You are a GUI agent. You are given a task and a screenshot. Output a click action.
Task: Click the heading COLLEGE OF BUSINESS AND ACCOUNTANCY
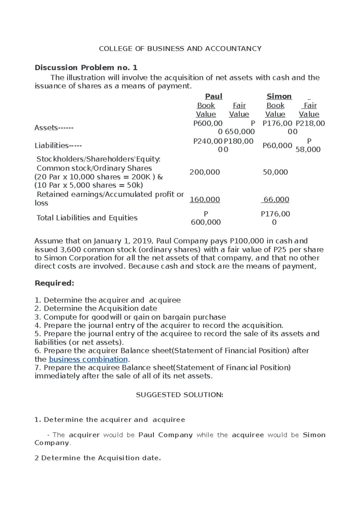(x=180, y=49)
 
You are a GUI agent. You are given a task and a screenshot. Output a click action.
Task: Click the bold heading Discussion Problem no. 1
(x=86, y=67)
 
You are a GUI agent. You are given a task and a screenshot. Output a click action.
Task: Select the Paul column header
(x=214, y=96)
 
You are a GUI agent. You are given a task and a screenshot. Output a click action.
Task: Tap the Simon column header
(x=279, y=96)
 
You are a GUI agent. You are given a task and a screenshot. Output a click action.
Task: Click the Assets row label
(x=54, y=128)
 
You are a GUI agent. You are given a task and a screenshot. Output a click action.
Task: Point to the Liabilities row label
(x=58, y=146)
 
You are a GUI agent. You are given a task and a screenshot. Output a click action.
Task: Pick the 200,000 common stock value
(x=205, y=172)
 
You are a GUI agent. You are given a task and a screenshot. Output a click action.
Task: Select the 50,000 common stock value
(x=275, y=172)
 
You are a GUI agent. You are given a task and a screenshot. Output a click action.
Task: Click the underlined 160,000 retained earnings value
(x=205, y=200)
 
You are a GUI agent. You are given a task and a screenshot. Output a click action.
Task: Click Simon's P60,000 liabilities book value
(x=277, y=146)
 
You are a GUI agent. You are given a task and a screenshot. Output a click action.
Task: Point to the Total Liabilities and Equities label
(x=87, y=218)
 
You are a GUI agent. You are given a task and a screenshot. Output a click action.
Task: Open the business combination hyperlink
(x=88, y=359)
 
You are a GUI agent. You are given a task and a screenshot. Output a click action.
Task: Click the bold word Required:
(x=54, y=283)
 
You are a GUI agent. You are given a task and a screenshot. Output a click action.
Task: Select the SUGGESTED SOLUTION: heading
(x=179, y=395)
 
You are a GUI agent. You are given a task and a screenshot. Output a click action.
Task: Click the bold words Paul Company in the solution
(x=165, y=435)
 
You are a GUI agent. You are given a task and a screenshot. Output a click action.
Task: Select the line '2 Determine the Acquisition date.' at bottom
(x=98, y=458)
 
